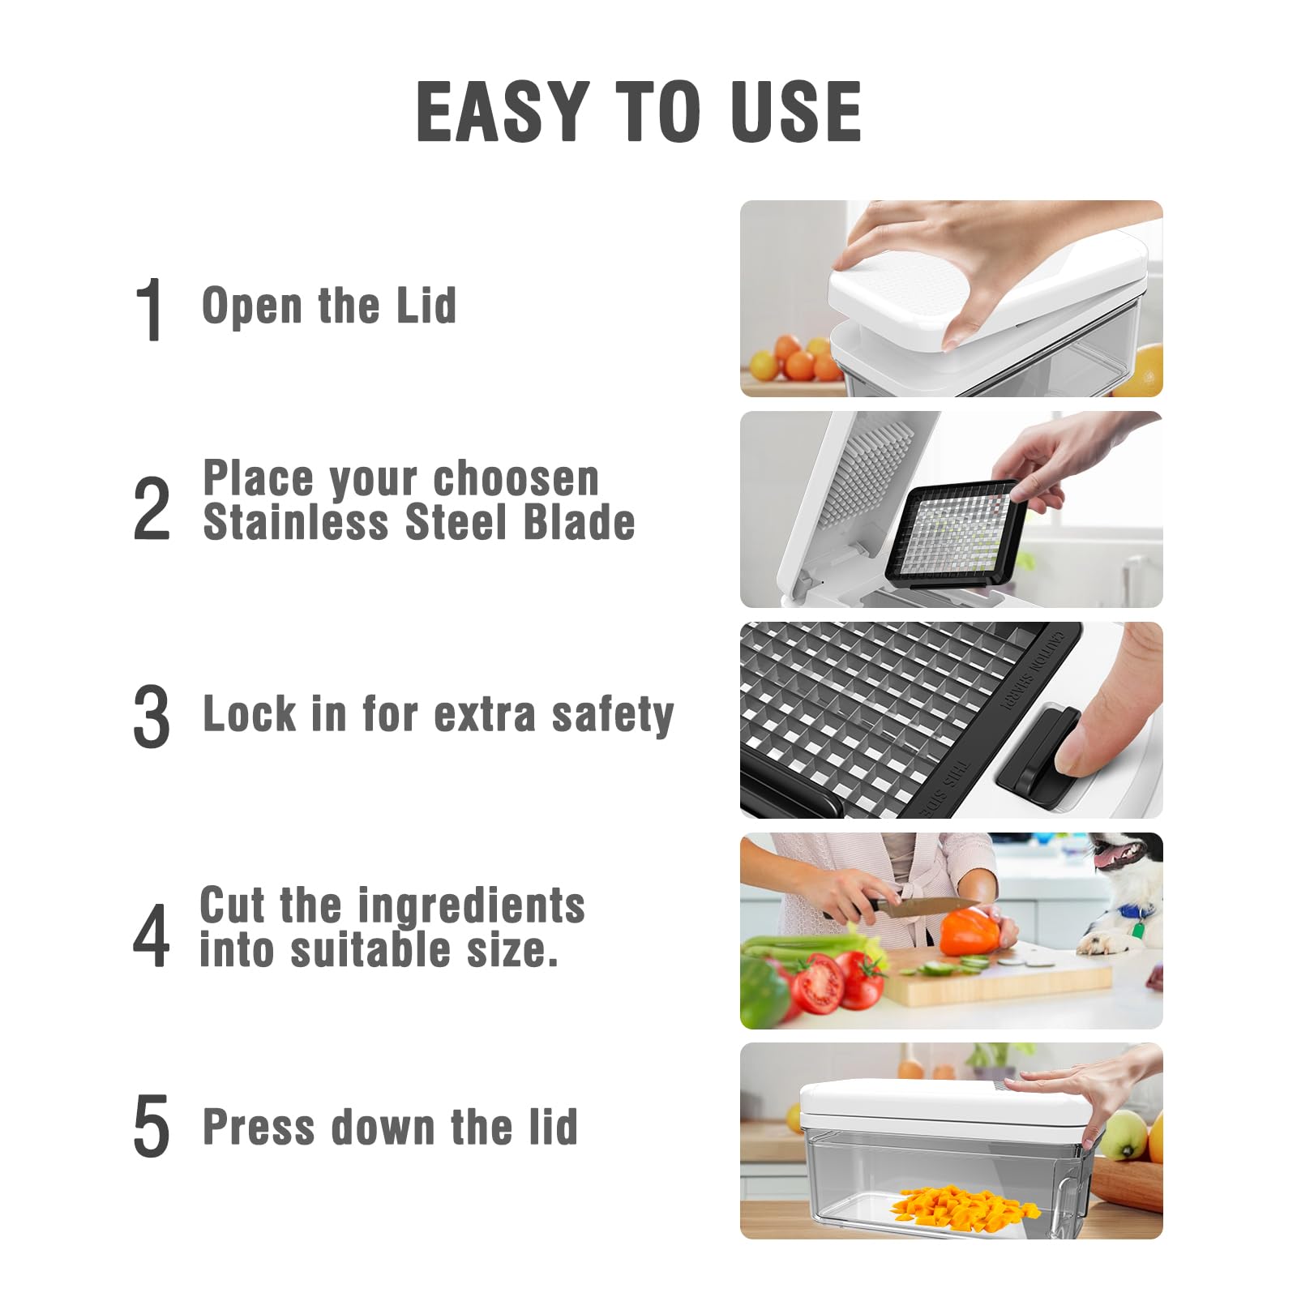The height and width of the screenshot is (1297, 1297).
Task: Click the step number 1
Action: pos(151,309)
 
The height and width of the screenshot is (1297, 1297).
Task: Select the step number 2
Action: pos(152,509)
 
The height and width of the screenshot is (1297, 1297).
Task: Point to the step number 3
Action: pos(152,716)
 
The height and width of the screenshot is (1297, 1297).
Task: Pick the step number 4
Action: pos(152,935)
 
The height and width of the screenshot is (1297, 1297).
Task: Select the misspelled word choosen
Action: pos(516,478)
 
